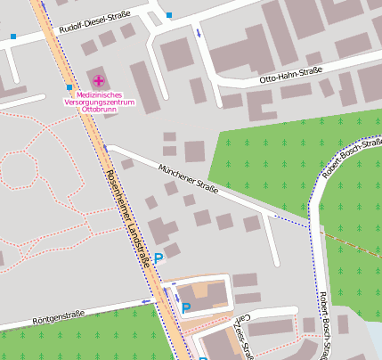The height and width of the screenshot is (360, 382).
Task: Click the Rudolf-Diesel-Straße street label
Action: click(93, 25)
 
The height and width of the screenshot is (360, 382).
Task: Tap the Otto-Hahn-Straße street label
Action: click(289, 75)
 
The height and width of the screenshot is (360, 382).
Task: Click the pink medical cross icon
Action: click(98, 81)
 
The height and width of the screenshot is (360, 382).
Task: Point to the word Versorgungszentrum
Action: click(99, 102)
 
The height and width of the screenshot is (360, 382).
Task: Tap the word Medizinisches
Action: click(99, 94)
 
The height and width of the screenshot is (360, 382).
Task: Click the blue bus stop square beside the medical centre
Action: click(69, 87)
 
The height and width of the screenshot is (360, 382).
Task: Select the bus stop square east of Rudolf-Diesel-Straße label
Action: click(169, 15)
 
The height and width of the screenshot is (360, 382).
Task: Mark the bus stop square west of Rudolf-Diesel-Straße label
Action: click(13, 37)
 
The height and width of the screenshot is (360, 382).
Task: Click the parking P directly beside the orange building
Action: click(186, 308)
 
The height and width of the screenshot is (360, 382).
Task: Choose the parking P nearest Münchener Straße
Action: click(158, 258)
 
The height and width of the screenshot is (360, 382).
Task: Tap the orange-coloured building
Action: click(208, 293)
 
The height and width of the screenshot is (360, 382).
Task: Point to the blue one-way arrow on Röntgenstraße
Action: click(145, 302)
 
